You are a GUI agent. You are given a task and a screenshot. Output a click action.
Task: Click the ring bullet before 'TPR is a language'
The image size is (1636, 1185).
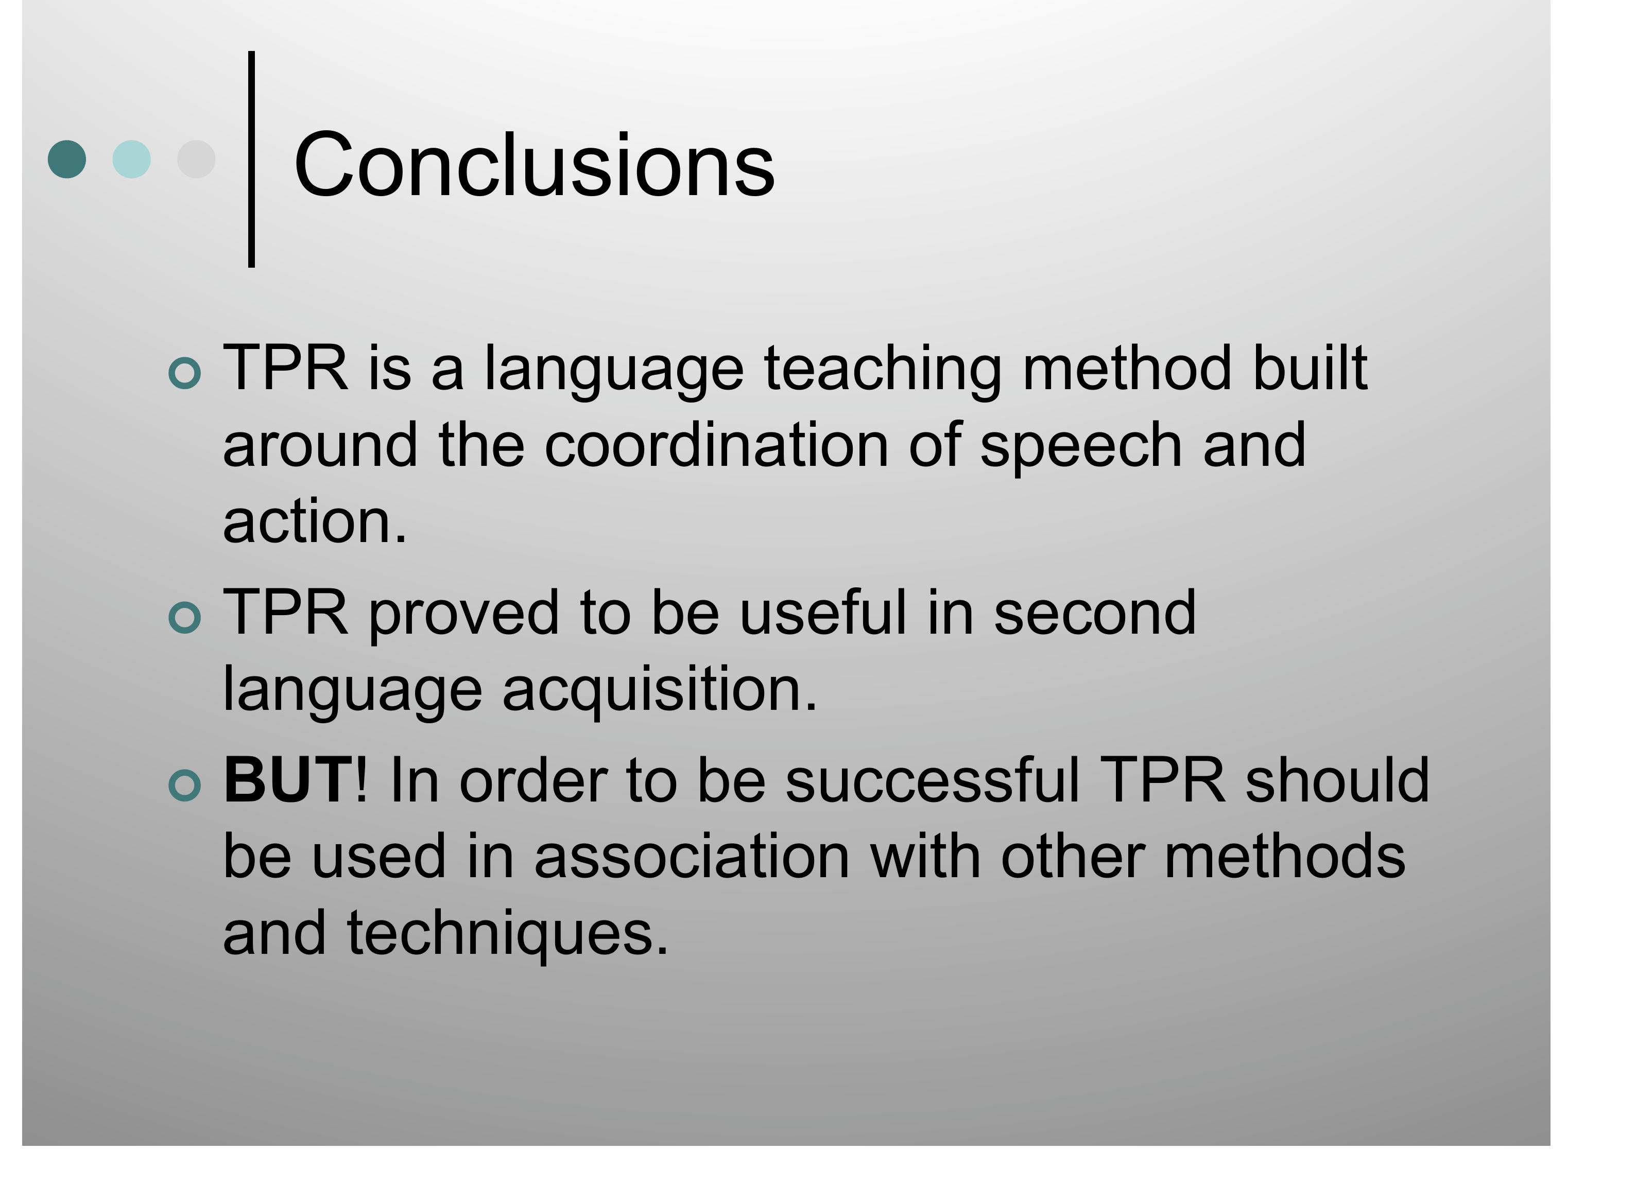pos(185,373)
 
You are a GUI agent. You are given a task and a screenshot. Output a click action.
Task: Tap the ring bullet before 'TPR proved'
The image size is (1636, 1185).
pos(185,617)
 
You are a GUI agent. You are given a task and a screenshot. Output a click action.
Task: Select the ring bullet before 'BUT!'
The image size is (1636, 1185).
pos(185,786)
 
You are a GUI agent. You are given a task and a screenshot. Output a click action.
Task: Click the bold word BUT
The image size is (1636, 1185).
pos(288,780)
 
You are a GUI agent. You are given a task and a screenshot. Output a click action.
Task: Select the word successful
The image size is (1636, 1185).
pos(933,780)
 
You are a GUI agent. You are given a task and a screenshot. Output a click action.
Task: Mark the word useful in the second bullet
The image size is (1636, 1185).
pos(822,613)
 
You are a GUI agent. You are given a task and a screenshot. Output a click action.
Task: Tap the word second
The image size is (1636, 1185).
pos(1094,613)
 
